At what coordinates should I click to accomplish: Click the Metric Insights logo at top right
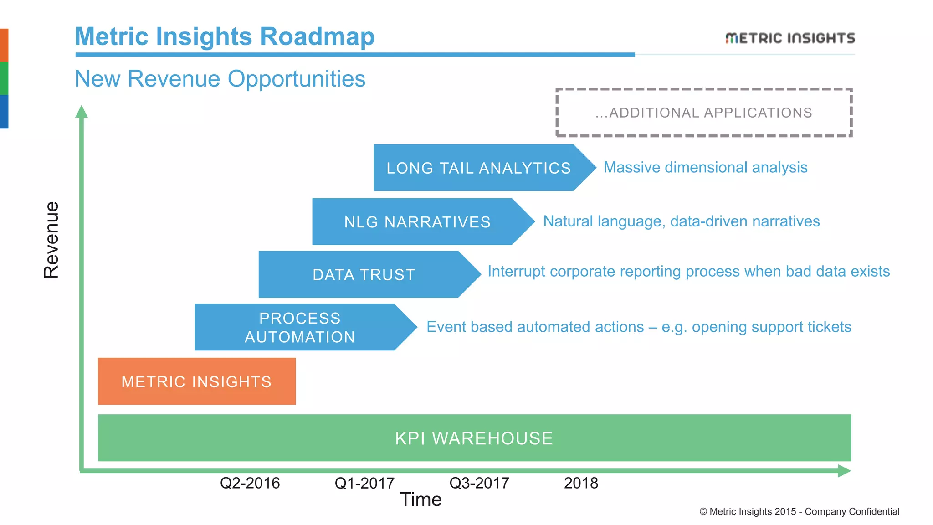tap(789, 38)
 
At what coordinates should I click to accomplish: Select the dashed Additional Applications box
tap(703, 113)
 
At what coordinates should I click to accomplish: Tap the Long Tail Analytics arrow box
tap(478, 168)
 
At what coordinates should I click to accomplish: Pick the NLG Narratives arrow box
tap(417, 222)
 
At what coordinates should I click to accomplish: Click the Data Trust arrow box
tap(364, 275)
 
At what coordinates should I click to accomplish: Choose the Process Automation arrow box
tap(300, 327)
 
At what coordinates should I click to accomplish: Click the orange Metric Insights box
tap(196, 381)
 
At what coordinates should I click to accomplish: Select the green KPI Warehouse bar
tap(474, 438)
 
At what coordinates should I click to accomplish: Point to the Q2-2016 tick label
tap(250, 483)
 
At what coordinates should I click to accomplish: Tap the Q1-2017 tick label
tap(364, 483)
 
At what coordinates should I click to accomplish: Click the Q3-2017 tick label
tap(479, 483)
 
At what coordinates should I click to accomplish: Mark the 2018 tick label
tap(581, 483)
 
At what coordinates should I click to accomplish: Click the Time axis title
tap(420, 500)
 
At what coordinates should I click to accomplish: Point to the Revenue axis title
tap(51, 240)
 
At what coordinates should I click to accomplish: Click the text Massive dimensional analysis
tap(705, 167)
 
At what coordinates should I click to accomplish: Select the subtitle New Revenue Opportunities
tap(220, 79)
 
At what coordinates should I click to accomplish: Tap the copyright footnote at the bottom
tap(799, 511)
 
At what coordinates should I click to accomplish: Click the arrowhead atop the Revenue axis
tap(82, 112)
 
